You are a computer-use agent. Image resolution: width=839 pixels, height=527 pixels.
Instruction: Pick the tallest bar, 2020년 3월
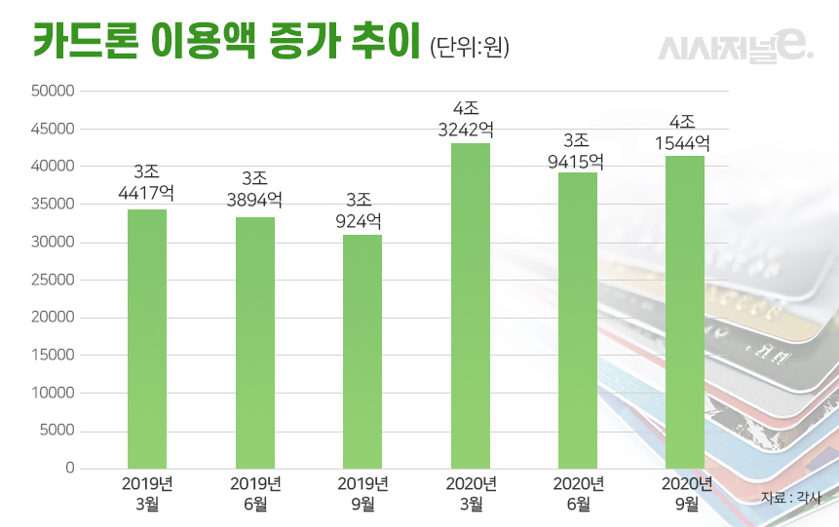pos(471,306)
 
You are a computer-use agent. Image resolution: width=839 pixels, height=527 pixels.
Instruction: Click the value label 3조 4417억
pos(147,183)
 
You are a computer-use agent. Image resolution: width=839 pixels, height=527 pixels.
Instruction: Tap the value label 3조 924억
pos(362,208)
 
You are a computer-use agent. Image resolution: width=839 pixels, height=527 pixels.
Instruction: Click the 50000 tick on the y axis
pos(55,92)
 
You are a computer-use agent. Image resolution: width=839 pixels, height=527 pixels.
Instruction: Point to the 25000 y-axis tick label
pos(55,280)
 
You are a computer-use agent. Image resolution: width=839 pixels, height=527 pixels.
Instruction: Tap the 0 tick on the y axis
pos(69,469)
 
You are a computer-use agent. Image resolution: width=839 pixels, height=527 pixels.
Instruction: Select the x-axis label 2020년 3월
pos(471,493)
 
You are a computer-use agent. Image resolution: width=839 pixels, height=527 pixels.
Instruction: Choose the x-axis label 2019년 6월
pos(255,493)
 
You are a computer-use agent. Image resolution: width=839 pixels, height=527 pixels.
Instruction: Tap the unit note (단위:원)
pos(469,47)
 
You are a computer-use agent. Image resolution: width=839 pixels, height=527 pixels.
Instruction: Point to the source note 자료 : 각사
pos(791,498)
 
